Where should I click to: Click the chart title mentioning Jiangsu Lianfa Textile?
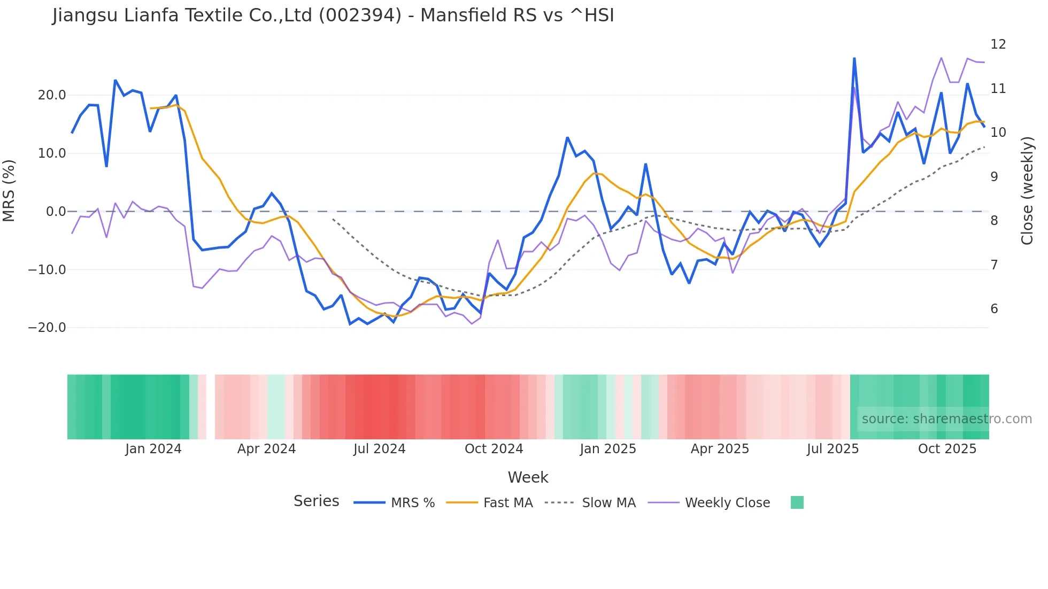(x=333, y=15)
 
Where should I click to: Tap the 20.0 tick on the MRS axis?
(x=52, y=95)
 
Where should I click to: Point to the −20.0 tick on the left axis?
(x=47, y=328)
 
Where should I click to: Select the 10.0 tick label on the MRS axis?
(x=52, y=153)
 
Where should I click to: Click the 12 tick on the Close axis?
(x=998, y=44)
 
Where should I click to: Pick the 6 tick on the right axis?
(x=994, y=309)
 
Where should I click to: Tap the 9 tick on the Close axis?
(x=994, y=177)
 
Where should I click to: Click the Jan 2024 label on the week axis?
(x=153, y=449)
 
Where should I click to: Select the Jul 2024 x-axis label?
(x=380, y=449)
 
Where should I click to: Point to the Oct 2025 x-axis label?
(x=947, y=449)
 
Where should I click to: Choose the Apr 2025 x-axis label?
(x=720, y=449)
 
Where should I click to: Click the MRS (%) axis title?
(x=9, y=191)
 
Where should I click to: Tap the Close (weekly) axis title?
(x=1027, y=191)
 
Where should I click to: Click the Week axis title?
(x=528, y=477)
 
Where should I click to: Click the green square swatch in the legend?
(x=797, y=502)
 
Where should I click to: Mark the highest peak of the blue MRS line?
(x=854, y=58)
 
